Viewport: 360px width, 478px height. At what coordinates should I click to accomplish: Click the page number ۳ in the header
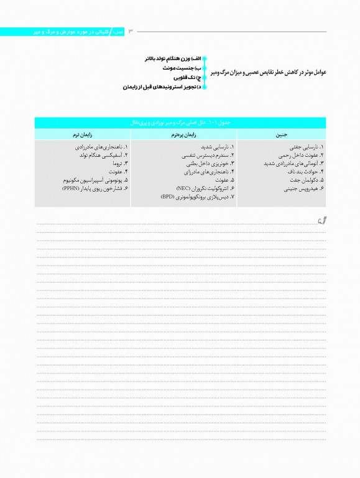[131, 31]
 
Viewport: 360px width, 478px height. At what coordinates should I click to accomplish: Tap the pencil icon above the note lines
[320, 218]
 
